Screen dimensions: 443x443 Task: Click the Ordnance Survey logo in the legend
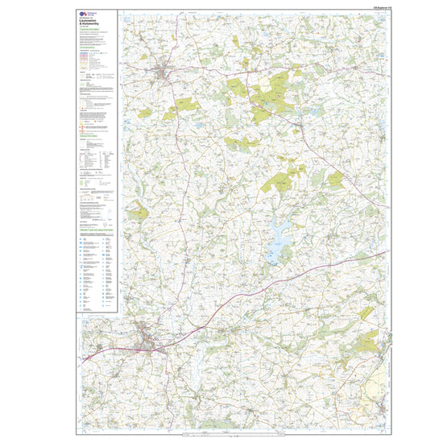pos(85,15)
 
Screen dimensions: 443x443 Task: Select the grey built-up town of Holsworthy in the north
pos(166,72)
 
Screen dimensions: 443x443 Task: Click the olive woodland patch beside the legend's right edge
pos(138,211)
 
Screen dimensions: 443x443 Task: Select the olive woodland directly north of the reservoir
pos(282,180)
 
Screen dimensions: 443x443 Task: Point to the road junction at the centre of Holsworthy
pos(165,74)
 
